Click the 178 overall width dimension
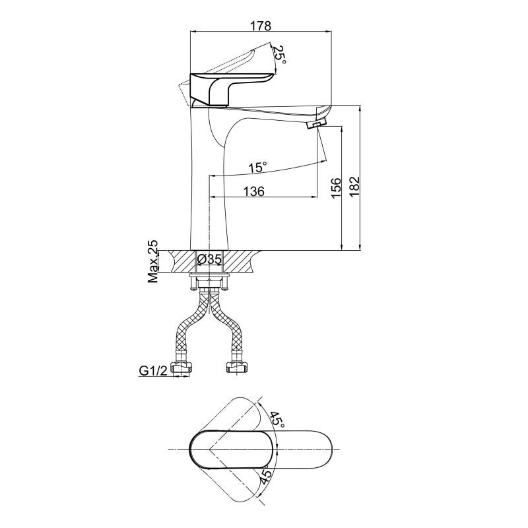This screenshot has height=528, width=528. [261, 26]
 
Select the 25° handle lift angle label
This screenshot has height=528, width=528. [280, 55]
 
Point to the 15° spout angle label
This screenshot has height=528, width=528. [257, 167]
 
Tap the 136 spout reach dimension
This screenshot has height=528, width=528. [254, 191]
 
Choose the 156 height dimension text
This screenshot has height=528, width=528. [336, 188]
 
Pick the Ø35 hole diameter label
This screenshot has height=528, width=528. [209, 259]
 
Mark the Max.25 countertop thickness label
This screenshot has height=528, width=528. [152, 261]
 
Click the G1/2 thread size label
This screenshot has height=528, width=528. [153, 371]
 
